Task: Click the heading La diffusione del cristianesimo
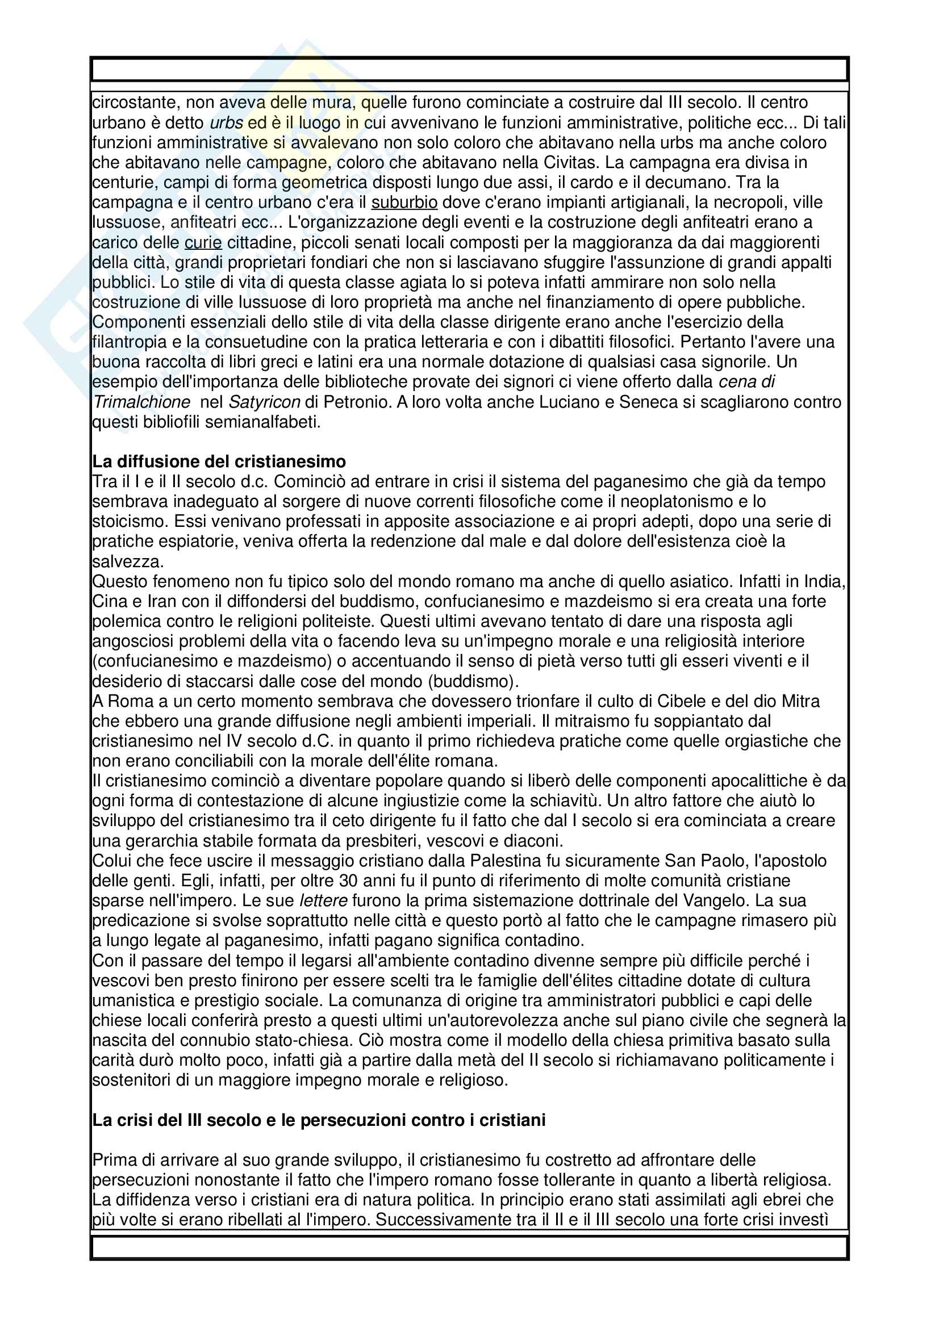(219, 462)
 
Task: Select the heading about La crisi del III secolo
(319, 1120)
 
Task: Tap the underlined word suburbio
(404, 203)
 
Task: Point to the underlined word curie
(203, 242)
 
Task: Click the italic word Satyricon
(264, 402)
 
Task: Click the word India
(824, 581)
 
